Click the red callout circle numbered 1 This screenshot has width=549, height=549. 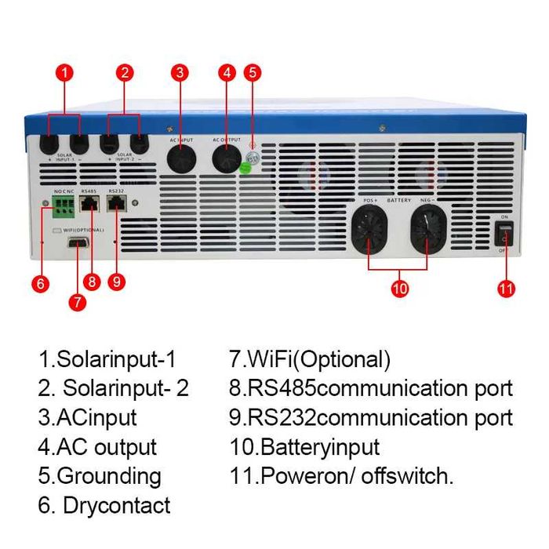[66, 73]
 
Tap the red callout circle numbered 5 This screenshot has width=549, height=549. [252, 73]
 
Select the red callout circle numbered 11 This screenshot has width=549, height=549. [506, 289]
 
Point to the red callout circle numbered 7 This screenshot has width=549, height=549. [77, 302]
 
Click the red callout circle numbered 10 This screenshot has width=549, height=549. [400, 289]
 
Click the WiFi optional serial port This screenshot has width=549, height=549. [78, 245]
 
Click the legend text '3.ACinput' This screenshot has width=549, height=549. [87, 417]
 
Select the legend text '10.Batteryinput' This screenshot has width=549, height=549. [303, 447]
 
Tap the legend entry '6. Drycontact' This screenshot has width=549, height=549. [104, 505]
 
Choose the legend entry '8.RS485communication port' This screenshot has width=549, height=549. [369, 388]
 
